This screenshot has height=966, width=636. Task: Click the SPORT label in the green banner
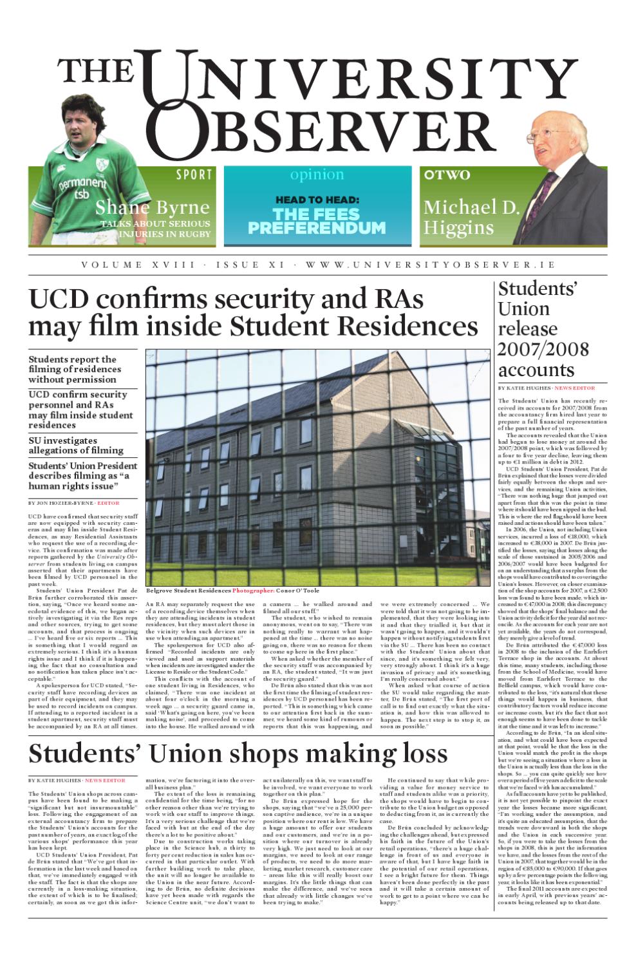click(x=194, y=175)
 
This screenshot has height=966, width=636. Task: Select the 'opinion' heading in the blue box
click(x=317, y=175)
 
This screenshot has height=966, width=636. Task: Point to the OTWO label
click(x=447, y=175)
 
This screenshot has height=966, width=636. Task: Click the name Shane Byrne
click(x=153, y=207)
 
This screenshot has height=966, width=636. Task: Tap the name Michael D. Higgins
click(x=471, y=217)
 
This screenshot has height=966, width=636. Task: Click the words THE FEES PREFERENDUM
click(x=317, y=221)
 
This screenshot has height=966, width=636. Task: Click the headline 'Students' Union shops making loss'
click(x=238, y=753)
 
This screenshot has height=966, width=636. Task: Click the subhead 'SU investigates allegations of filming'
click(x=76, y=445)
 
